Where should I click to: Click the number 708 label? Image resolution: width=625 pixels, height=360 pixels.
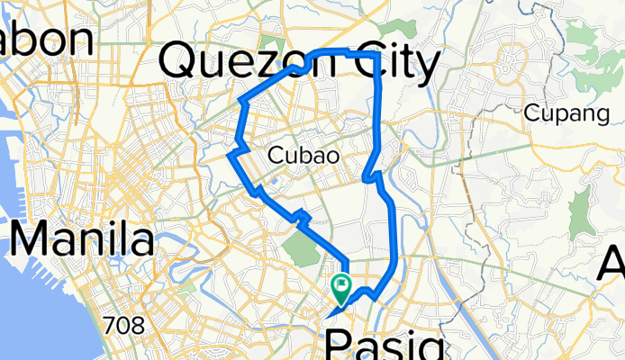(x=123, y=325)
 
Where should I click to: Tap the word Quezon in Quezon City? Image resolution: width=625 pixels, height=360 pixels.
(x=237, y=63)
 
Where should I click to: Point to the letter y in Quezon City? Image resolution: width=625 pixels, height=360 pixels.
(x=425, y=67)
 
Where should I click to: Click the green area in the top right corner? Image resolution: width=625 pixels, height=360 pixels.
(x=603, y=36)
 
